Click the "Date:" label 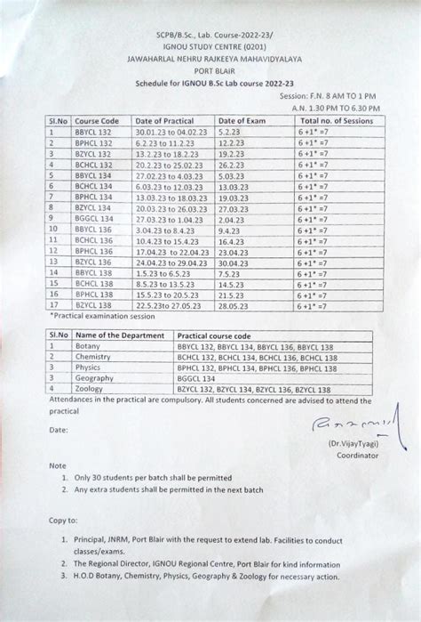(60, 429)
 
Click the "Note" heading (58, 465)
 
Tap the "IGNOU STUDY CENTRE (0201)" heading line (210, 44)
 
